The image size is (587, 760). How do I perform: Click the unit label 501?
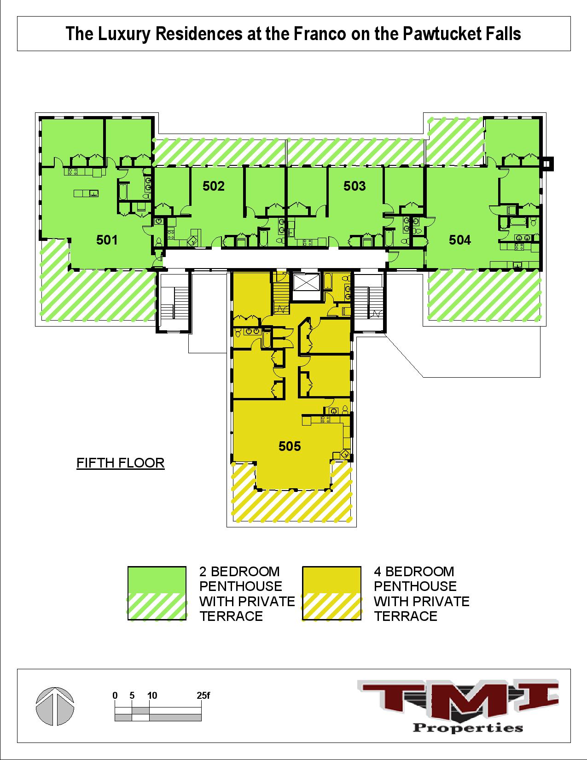click(x=107, y=240)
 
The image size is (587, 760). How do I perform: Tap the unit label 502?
click(x=214, y=186)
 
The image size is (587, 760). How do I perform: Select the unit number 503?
click(x=355, y=186)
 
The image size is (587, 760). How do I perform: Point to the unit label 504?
click(x=460, y=240)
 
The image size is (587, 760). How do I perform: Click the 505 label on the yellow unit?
click(x=290, y=446)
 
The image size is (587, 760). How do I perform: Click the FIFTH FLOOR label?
click(x=120, y=463)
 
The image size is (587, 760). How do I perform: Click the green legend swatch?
click(x=157, y=593)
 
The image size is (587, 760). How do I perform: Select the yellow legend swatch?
click(x=331, y=593)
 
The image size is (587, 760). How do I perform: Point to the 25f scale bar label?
click(x=203, y=696)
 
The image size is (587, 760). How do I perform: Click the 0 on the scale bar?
click(x=115, y=696)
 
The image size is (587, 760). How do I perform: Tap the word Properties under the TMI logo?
click(x=468, y=728)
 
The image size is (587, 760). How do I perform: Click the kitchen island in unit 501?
click(x=86, y=193)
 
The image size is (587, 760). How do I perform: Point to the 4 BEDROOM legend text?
click(x=414, y=572)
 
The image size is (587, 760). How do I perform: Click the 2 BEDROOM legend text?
click(x=239, y=572)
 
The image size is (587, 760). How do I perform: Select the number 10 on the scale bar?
click(x=152, y=696)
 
